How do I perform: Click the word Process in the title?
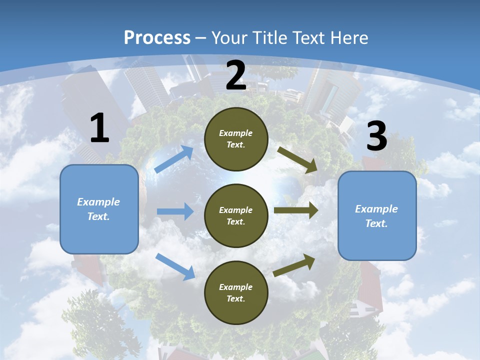tap(157, 37)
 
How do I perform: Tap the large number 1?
tap(99, 128)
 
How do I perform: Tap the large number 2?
tap(236, 75)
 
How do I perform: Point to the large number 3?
tap(376, 136)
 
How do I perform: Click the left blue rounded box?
tap(99, 209)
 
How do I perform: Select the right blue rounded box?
tap(377, 216)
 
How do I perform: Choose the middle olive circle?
tap(236, 215)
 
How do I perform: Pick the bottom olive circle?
tap(236, 292)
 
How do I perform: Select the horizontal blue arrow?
tap(175, 211)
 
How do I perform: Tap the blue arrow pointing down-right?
tap(175, 266)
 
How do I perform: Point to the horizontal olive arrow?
tap(296, 210)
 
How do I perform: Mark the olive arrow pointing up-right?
tap(294, 265)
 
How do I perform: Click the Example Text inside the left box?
tap(98, 209)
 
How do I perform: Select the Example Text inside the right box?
tap(376, 216)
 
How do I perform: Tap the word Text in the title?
tap(309, 37)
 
